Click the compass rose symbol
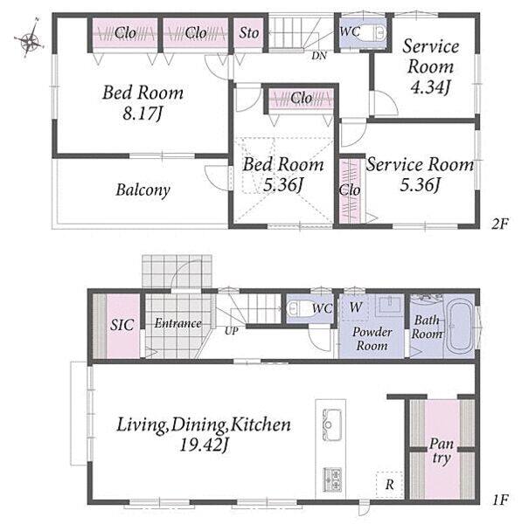(x=30, y=41)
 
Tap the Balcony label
(x=143, y=190)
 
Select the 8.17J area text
(x=143, y=114)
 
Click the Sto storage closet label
(x=249, y=33)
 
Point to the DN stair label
(x=319, y=56)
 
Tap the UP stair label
(x=231, y=331)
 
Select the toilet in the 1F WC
(x=299, y=309)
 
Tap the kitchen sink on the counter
(x=331, y=424)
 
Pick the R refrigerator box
(x=389, y=484)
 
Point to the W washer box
(x=355, y=307)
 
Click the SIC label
(x=122, y=325)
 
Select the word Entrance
(x=178, y=323)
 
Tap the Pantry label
(x=442, y=452)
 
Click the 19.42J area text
(x=204, y=445)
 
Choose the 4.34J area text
(x=430, y=87)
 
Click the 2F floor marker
(x=500, y=224)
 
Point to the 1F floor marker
(x=500, y=500)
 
